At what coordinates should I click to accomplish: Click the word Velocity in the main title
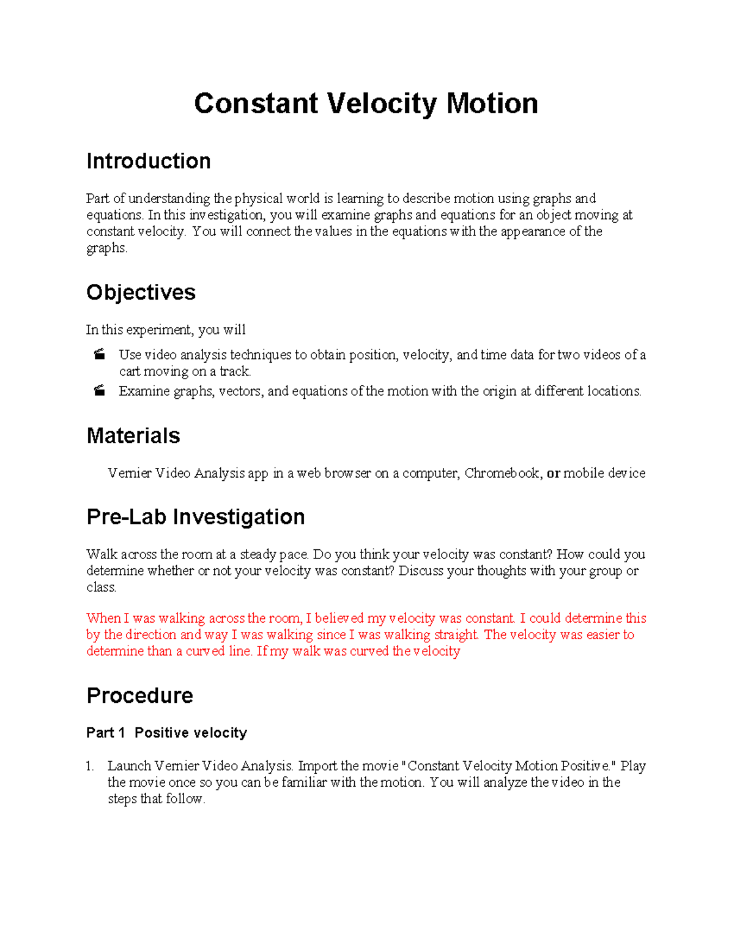tap(382, 103)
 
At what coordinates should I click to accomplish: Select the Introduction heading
tap(149, 161)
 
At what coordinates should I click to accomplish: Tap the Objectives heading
tap(141, 292)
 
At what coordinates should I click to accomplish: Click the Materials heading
tap(133, 436)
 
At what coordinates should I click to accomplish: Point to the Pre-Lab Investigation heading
tap(196, 517)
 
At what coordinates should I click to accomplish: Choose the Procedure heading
tap(140, 696)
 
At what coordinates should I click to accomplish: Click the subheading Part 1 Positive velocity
tap(166, 733)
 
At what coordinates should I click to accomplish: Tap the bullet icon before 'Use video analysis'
tap(99, 354)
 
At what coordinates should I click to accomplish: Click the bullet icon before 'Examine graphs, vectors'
tap(99, 391)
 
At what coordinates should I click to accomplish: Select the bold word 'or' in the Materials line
tap(553, 473)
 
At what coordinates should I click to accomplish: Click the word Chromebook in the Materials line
tap(502, 473)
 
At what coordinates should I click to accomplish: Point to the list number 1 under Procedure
tap(90, 766)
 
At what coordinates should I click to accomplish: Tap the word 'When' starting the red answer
tap(103, 618)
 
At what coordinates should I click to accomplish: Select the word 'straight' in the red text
tap(456, 635)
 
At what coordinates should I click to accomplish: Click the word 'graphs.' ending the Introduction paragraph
tap(106, 248)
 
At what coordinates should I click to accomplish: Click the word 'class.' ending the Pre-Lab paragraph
tap(101, 588)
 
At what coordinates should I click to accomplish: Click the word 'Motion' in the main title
tap(492, 103)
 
